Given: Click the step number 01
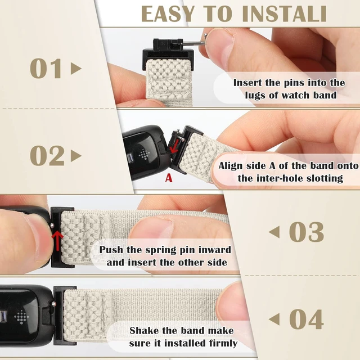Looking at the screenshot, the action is click(46, 69).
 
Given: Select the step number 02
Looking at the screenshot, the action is click(47, 156).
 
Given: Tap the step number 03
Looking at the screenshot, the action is click(306, 232).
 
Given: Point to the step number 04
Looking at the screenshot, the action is click(307, 319).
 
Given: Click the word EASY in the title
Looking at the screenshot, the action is click(168, 13).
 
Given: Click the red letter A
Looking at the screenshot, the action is click(169, 178).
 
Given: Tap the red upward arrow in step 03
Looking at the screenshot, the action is click(57, 241).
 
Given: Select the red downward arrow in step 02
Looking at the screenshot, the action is click(174, 146).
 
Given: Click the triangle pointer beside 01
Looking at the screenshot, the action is click(76, 69).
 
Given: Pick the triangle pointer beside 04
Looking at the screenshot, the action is click(274, 319).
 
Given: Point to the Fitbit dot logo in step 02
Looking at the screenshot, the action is click(144, 155).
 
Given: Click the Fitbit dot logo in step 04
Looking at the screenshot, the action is click(21, 317).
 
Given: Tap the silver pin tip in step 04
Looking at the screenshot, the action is click(54, 304).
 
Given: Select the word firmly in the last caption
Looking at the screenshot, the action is click(223, 344).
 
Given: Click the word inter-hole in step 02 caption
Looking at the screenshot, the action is click(280, 178).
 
